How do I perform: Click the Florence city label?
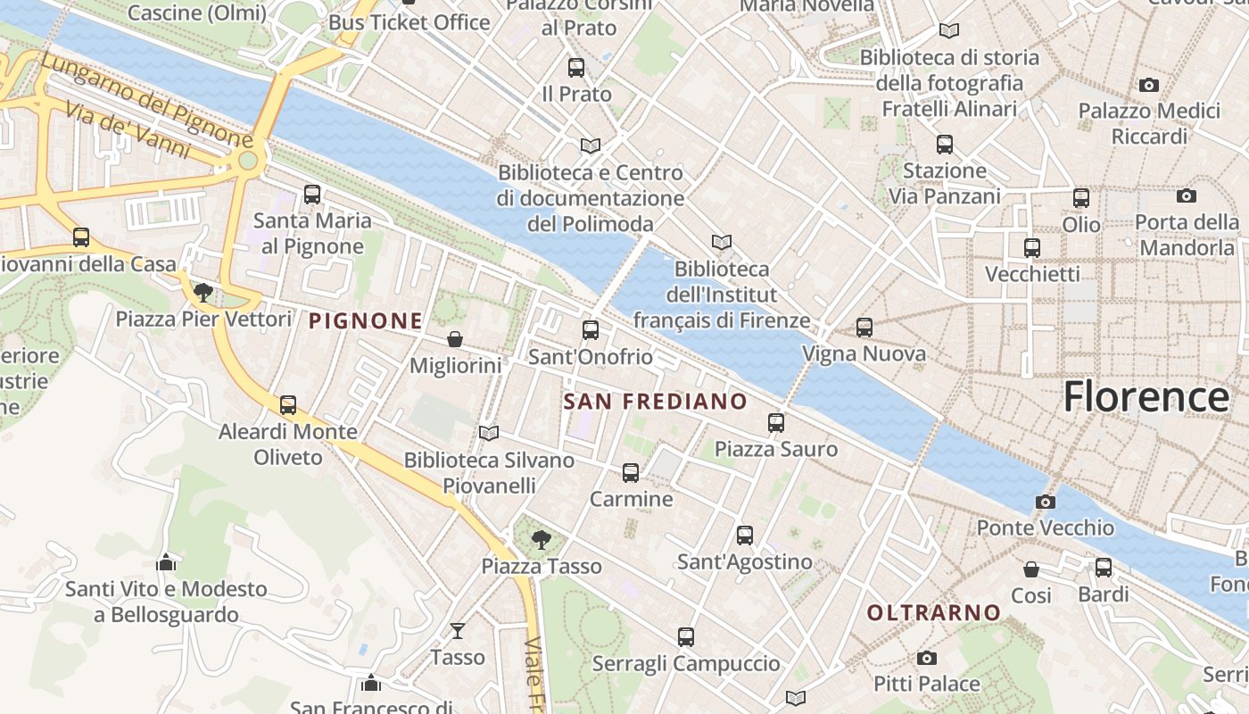[1146, 396]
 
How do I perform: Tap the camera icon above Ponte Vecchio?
[1046, 502]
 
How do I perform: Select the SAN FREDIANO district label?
[655, 402]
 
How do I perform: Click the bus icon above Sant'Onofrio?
[591, 330]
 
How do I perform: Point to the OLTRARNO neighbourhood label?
[934, 613]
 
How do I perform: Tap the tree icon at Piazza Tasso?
[541, 540]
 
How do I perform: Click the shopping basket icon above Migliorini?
[455, 339]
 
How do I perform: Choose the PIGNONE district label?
[366, 321]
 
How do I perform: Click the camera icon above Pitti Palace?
[927, 659]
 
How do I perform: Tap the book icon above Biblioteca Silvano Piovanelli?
[489, 434]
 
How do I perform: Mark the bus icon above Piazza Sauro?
[776, 423]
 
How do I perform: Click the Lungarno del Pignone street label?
[147, 100]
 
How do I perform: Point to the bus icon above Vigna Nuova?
[864, 328]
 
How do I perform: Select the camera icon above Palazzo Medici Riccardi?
[1149, 86]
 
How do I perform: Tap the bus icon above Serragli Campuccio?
[685, 637]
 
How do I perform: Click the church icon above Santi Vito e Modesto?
[166, 563]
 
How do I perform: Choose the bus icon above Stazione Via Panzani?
[945, 145]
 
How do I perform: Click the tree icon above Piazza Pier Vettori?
[203, 292]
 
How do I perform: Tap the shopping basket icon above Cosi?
[1031, 569]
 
